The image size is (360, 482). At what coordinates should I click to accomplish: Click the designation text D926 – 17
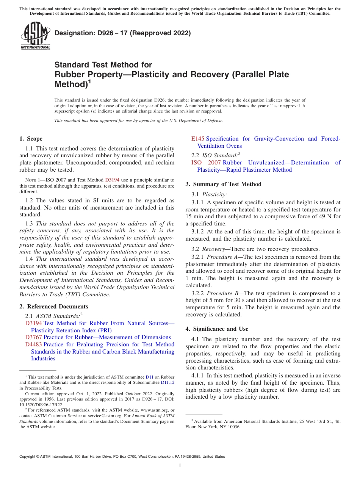(x=122, y=33)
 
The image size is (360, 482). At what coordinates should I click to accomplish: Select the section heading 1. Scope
(x=31, y=139)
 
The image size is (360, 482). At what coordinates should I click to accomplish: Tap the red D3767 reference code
(x=33, y=337)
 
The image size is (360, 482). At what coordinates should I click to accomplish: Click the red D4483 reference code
(x=33, y=344)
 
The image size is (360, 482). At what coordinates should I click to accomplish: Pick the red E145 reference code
(x=198, y=139)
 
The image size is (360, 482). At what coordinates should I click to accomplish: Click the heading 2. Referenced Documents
(x=53, y=307)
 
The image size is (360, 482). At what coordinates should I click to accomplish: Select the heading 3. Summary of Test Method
(x=223, y=184)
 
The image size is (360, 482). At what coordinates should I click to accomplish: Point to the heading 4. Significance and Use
(x=217, y=329)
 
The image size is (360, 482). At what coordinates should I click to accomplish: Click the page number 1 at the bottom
(x=180, y=465)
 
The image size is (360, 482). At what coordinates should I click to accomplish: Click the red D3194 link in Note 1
(x=112, y=180)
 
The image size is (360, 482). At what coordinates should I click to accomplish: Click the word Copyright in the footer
(x=28, y=457)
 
